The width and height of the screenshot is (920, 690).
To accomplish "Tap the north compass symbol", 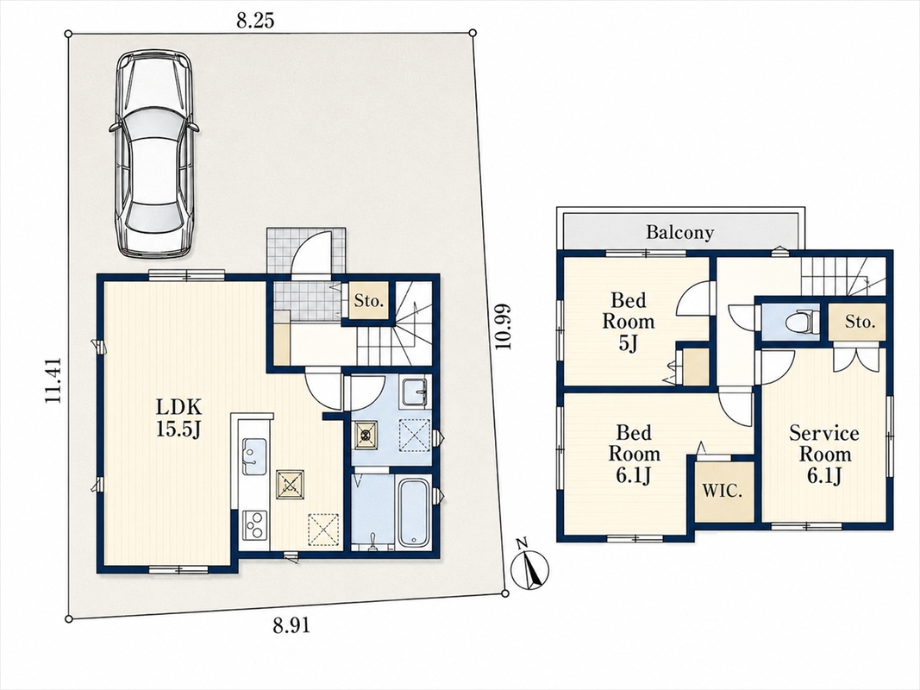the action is coord(530,567).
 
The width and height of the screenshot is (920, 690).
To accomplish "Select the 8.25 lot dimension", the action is coord(255,22).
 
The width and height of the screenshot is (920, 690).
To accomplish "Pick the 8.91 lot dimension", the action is coord(291,626).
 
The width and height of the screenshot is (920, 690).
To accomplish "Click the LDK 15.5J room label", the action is coord(179,417).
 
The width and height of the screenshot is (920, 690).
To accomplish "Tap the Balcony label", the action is coord(680,232).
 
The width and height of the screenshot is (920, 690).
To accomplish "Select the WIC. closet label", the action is coord(723,491).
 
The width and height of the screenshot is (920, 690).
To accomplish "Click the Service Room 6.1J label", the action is coord(823,455).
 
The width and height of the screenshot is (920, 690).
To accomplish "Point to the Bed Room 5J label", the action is coord(629,322).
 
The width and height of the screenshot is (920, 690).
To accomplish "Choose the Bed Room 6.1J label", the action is coord(634,455).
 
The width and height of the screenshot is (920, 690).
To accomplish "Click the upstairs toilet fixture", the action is coord(803,322).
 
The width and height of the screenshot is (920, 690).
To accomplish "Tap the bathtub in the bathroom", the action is coord(413,513).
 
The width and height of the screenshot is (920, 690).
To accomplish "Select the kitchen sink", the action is coord(254,456).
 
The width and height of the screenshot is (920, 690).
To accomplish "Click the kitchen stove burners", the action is coord(254,525).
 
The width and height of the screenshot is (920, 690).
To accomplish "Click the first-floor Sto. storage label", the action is coord(368,302).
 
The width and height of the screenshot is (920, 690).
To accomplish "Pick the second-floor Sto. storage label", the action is coord(861,322).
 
